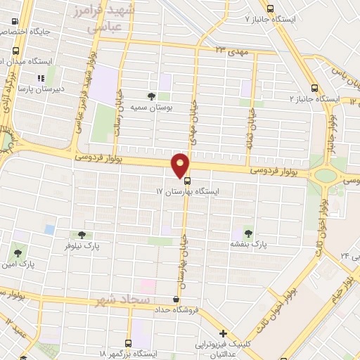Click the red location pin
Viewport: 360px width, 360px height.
point(181,165)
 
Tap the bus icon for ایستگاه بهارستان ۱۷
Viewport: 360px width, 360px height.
point(186,180)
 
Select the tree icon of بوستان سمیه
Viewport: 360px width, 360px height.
point(150,96)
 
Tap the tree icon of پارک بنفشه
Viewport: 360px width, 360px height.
point(247,231)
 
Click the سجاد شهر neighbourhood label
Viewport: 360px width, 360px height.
point(124,300)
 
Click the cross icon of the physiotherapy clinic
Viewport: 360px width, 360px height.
point(223,333)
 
